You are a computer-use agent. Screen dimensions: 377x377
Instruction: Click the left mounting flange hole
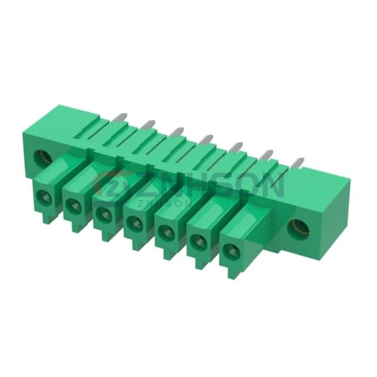coord(43,158)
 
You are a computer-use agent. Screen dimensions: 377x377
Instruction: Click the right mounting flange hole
coord(298,227)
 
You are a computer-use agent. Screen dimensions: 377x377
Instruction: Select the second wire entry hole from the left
coord(72,204)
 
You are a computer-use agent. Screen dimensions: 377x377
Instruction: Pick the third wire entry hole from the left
coord(103,213)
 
